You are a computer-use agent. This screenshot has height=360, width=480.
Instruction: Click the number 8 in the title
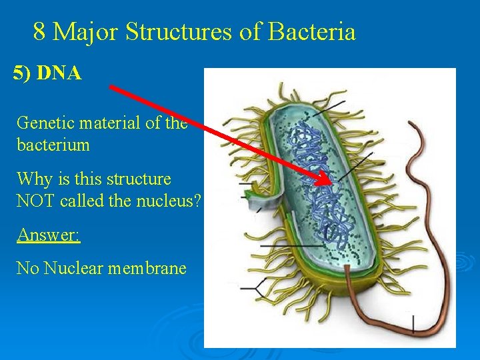pos(39,31)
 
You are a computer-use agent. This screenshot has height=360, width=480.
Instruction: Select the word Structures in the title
pos(179,31)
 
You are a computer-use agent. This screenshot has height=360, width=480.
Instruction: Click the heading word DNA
pos(59,73)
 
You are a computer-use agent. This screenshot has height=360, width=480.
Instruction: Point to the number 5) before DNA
pos(23,73)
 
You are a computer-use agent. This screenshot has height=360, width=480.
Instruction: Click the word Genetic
pos(42,123)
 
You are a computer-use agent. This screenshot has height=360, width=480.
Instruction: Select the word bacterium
pos(53,145)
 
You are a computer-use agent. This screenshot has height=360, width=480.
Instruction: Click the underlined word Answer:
pos(48,235)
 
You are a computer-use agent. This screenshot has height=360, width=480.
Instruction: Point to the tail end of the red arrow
pos(111,86)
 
